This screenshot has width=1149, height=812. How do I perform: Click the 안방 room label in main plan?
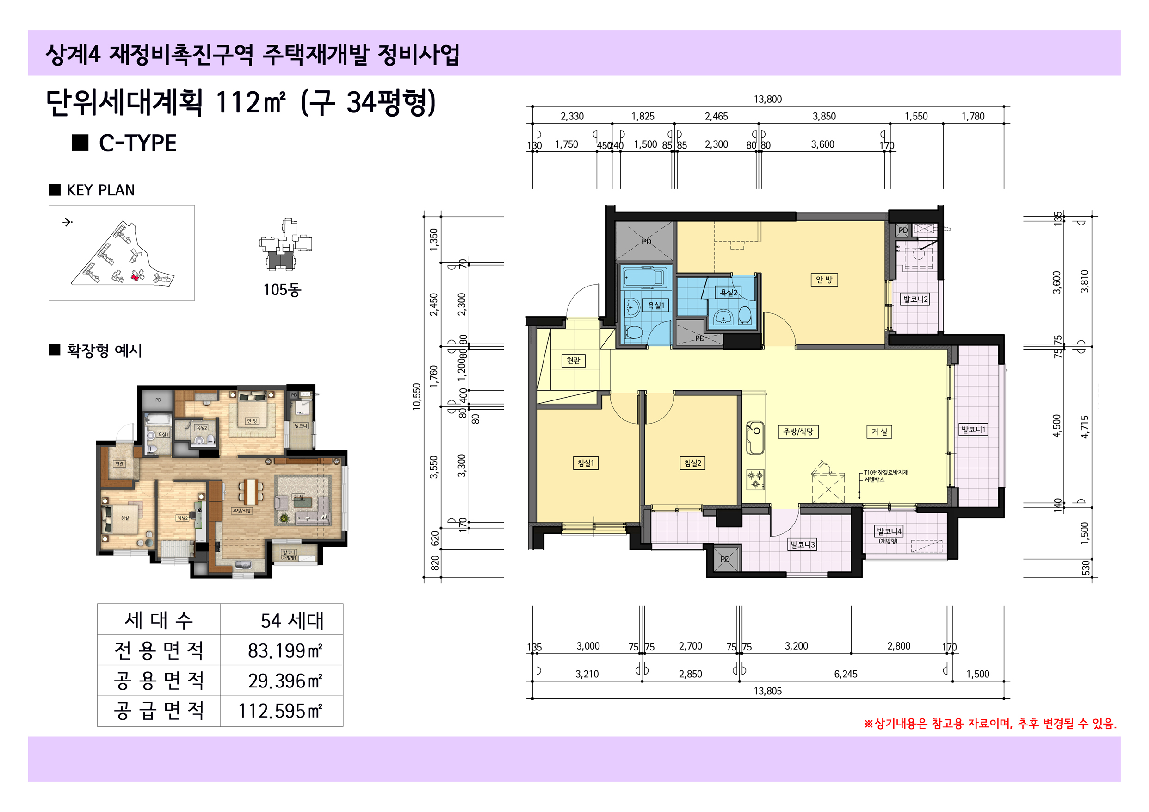(823, 280)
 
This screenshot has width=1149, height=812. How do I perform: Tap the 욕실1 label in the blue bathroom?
(655, 305)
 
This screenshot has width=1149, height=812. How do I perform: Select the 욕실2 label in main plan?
(728, 292)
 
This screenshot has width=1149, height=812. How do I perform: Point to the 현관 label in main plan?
(573, 360)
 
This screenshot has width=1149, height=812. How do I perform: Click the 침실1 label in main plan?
(585, 463)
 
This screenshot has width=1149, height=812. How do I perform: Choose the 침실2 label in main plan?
(692, 463)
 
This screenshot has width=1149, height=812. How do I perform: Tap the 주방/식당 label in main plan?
(798, 431)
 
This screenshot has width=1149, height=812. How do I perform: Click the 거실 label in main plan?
(879, 431)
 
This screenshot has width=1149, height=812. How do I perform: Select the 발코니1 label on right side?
(973, 429)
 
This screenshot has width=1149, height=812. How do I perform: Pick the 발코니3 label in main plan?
(802, 544)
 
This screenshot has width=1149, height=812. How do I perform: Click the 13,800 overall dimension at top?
(767, 99)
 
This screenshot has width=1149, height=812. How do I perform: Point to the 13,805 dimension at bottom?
(767, 691)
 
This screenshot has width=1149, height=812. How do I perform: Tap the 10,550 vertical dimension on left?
(416, 397)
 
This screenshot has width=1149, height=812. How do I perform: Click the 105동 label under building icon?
(282, 289)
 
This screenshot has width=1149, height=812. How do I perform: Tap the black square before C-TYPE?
(80, 143)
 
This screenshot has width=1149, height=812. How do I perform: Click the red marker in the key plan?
(134, 276)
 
